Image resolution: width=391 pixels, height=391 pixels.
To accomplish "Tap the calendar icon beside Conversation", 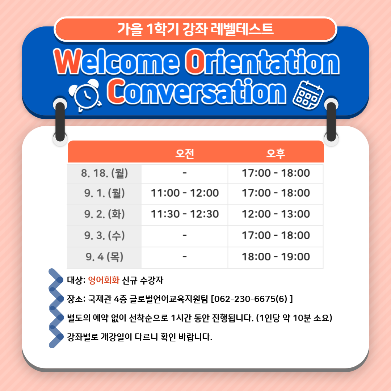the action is (308, 95).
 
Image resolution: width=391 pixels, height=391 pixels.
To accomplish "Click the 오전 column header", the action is (185, 154).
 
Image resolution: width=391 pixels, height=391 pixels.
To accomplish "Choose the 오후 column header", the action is (276, 154).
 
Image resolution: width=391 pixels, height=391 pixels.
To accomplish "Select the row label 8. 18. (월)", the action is (105, 173).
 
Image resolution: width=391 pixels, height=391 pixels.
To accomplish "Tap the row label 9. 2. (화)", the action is (105, 214).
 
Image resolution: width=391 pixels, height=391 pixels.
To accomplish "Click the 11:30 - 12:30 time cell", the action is (185, 214).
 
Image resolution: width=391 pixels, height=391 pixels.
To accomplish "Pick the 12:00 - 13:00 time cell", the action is (276, 214).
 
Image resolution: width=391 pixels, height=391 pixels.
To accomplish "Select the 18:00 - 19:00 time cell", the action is (276, 257).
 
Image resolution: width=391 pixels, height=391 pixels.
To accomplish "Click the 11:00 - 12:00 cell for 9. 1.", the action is (185, 193).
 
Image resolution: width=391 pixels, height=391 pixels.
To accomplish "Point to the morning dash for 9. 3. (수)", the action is (185, 235).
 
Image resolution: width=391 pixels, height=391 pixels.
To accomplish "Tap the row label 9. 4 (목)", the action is (105, 257).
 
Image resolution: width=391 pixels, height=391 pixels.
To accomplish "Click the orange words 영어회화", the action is (104, 280).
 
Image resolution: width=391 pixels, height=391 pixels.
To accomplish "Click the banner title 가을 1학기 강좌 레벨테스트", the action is (195, 29).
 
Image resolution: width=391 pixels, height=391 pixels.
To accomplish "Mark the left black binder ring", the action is (60, 122).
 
